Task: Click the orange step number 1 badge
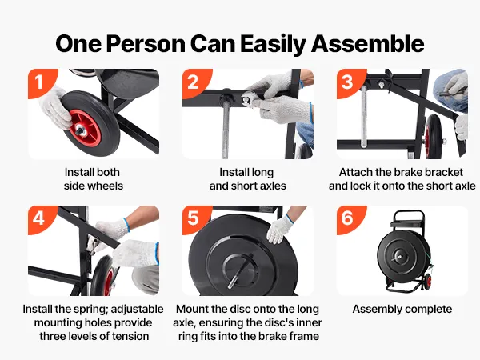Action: pos(41,82)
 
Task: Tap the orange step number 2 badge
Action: pos(194,82)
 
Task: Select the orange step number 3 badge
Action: pos(349,82)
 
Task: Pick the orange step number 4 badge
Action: pos(41,218)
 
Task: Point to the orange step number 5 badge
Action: pos(194,218)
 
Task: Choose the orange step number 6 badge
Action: pos(349,218)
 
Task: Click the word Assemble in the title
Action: pos(368,44)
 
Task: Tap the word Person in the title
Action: pos(146,44)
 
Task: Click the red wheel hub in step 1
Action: pos(85,128)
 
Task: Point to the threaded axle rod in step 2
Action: pos(226,129)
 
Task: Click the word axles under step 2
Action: pos(271,186)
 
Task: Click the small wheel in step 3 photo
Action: pos(433,136)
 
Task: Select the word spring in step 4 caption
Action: pos(91,309)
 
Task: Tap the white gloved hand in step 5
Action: pos(279,229)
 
